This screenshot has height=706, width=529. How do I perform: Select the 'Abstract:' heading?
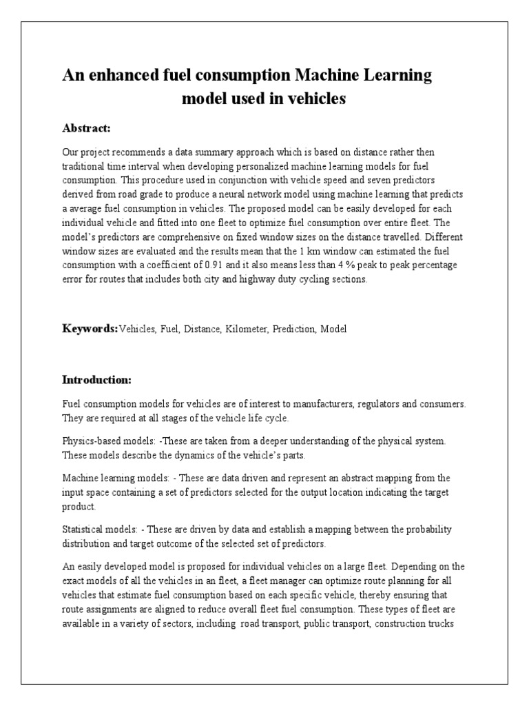tap(87, 128)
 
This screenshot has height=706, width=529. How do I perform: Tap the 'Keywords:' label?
tap(90, 329)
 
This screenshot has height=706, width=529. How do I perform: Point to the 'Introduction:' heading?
tap(96, 380)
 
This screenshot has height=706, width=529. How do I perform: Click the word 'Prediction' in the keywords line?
tap(293, 330)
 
